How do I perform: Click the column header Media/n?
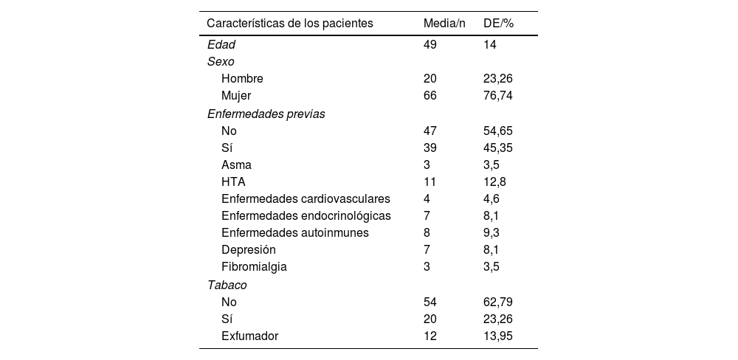(x=444, y=24)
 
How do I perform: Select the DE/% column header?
(x=498, y=24)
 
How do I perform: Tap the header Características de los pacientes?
(x=290, y=24)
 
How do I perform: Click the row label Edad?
(x=221, y=45)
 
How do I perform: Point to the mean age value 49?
(x=430, y=45)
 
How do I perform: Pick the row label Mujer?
(x=236, y=95)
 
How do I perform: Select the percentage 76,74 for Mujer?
(x=497, y=95)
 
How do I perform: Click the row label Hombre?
(x=242, y=78)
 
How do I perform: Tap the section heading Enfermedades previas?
(x=266, y=114)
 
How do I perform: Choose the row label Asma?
(x=235, y=165)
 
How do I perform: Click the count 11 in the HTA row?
(x=430, y=181)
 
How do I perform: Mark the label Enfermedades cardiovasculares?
(x=306, y=198)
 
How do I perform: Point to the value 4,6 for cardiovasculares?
(x=492, y=198)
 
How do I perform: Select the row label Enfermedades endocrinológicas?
(x=306, y=215)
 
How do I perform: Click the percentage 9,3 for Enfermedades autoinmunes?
(x=492, y=232)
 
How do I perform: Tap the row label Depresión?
(x=249, y=249)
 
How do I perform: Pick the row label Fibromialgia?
(x=254, y=266)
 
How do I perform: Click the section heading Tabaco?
(x=227, y=284)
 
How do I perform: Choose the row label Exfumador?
(x=250, y=336)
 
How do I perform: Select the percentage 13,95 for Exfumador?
(x=497, y=336)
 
